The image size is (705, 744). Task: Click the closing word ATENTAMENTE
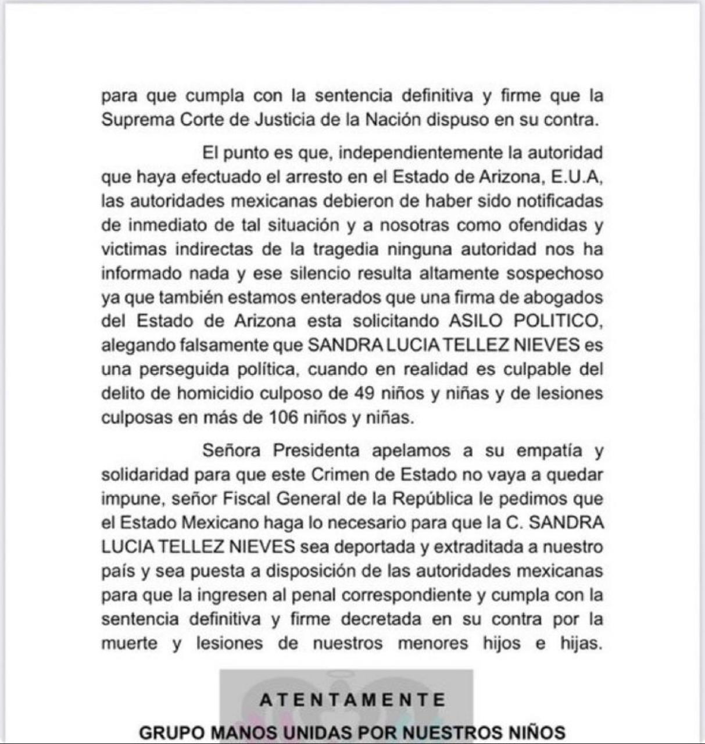[x=353, y=699]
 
